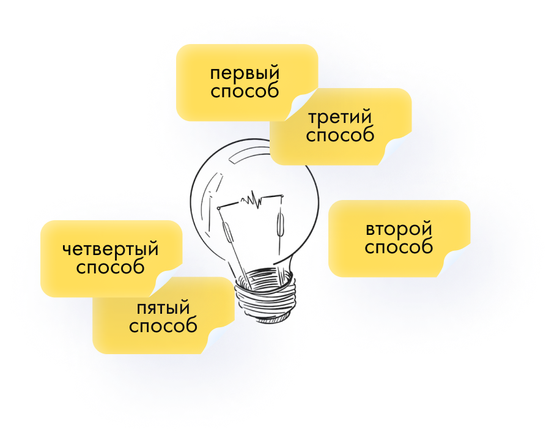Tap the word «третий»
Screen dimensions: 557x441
340,117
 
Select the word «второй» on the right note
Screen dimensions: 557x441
399,230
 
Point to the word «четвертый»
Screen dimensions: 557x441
111,250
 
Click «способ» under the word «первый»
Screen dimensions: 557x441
245,92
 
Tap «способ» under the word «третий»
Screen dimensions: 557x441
340,135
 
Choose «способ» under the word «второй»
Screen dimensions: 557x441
399,248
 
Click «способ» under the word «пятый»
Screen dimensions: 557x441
163,325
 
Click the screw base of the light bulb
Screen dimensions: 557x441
264,294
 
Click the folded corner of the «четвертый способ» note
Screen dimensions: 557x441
168,283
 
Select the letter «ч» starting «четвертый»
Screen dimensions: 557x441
67,250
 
